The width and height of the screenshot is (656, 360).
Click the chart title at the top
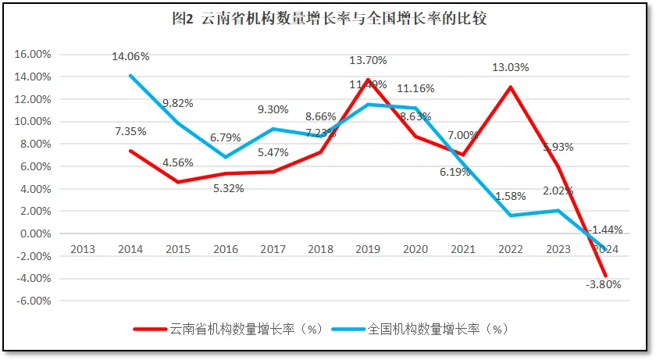coord(328,20)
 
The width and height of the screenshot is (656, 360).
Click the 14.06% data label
coord(130,56)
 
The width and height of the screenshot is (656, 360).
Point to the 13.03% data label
coord(510,67)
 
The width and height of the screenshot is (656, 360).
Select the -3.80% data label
coord(602,284)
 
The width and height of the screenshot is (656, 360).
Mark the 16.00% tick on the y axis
coord(32,55)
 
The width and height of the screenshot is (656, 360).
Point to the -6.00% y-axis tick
coord(32,301)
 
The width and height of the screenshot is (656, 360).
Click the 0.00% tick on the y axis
coord(34,233)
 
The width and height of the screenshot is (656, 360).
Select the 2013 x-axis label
coord(83,249)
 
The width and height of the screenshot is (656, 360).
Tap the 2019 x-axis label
coord(367,249)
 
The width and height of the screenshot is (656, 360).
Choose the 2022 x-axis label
coord(509,249)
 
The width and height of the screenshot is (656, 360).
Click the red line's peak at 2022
coord(510,87)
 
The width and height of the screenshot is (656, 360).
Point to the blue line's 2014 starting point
coord(130,76)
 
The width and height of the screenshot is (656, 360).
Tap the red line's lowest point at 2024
coord(604,276)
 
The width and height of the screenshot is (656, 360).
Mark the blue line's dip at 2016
coord(225,157)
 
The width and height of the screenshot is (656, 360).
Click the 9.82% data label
coord(178,104)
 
